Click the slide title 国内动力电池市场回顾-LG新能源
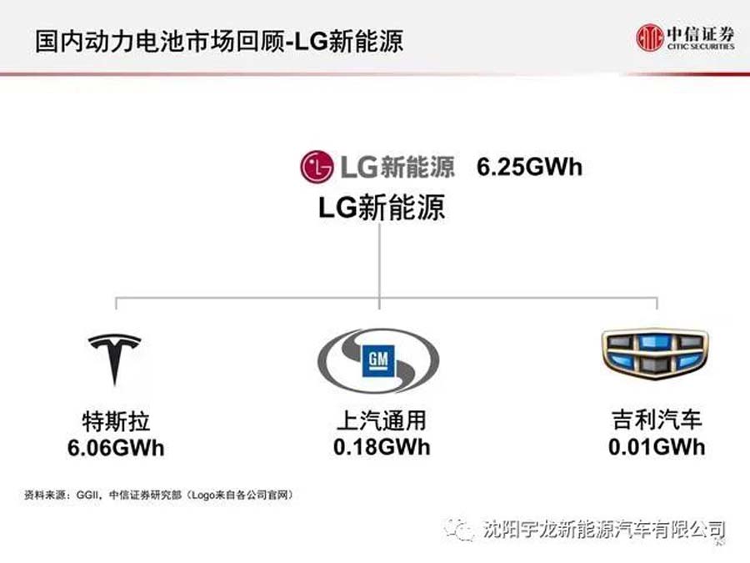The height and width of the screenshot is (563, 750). [x=219, y=41]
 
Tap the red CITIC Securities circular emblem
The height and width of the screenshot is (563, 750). [x=650, y=38]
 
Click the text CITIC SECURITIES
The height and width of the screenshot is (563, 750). [x=701, y=47]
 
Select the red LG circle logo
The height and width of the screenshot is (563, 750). [x=316, y=167]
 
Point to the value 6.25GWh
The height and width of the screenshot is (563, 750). [x=529, y=167]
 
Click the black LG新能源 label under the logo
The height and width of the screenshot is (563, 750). [x=382, y=208]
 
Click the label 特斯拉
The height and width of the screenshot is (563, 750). [x=116, y=422]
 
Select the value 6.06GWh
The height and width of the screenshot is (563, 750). [x=116, y=448]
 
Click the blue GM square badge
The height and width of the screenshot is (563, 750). [x=378, y=360]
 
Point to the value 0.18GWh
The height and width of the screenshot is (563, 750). [x=382, y=447]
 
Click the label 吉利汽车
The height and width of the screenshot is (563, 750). [x=657, y=420]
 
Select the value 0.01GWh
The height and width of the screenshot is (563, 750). [x=657, y=447]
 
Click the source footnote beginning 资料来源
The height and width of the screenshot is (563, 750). [x=158, y=495]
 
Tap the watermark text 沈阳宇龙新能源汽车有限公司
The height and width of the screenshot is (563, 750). [x=604, y=530]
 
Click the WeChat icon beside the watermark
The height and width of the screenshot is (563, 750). [x=460, y=530]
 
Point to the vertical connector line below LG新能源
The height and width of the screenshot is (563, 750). [x=380, y=266]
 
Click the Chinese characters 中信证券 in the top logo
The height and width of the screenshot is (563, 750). [x=701, y=33]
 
